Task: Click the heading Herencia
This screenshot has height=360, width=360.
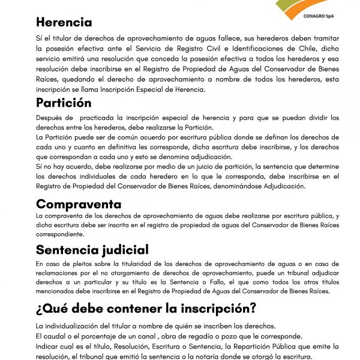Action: pos(64,23)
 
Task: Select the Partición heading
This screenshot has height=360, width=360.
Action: pos(64,103)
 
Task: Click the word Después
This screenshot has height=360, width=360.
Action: pos(49,118)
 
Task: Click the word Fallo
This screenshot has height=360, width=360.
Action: pos(224,283)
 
